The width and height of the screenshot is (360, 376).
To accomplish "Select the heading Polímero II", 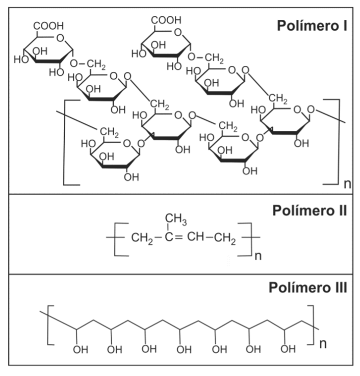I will (x=310, y=210).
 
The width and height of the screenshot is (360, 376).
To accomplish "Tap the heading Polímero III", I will (x=307, y=288).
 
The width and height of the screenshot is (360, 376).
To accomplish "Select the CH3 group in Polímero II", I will (x=176, y=220).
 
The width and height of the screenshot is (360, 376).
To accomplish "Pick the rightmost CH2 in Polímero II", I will (x=225, y=238).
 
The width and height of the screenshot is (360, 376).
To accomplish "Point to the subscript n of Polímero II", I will (x=258, y=255).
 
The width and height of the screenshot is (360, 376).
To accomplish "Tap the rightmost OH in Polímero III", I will (x=288, y=349).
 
